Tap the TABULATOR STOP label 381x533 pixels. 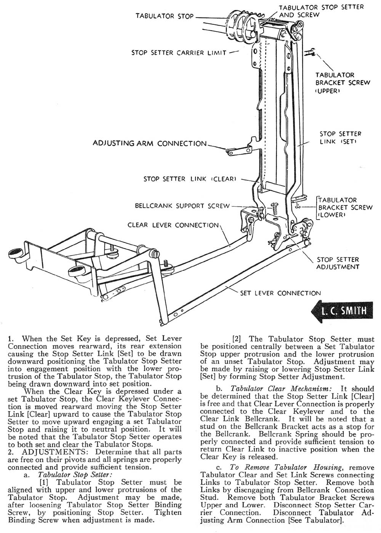point(165,16)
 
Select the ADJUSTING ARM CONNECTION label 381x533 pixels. point(150,144)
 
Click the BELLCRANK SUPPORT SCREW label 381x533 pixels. point(182,206)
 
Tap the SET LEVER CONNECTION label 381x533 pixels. point(280,293)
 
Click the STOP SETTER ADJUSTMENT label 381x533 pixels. point(338,263)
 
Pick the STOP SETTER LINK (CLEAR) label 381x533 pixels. point(190,179)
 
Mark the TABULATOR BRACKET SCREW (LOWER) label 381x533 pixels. point(345,207)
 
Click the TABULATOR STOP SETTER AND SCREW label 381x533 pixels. point(321,11)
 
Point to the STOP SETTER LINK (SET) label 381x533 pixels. point(340,138)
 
